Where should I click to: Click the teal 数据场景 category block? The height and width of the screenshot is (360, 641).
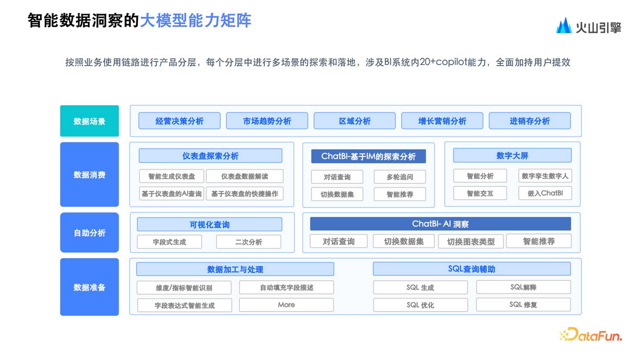click(89, 121)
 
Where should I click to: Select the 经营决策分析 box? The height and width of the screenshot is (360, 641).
click(180, 121)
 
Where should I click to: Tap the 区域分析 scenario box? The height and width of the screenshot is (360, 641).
click(354, 121)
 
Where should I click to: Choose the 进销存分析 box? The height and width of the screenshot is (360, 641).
click(530, 121)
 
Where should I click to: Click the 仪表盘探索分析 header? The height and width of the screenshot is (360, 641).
click(210, 156)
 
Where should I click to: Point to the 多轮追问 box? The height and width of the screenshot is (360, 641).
click(400, 177)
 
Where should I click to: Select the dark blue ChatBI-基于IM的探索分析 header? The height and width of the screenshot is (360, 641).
click(368, 156)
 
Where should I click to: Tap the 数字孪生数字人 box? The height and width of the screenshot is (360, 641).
click(545, 176)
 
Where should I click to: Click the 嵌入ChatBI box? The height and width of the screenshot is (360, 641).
click(545, 193)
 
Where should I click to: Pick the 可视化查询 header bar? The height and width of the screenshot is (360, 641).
click(210, 224)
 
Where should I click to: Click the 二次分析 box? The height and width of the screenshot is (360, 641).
click(248, 242)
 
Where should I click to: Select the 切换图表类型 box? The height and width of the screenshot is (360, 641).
click(471, 241)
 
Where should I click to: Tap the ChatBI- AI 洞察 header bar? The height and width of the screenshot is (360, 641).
click(440, 224)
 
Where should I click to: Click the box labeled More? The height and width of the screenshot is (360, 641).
click(287, 305)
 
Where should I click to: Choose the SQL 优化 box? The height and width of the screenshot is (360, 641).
click(420, 305)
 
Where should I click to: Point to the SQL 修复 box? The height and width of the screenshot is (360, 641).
click(523, 304)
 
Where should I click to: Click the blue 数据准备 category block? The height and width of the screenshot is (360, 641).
click(89, 287)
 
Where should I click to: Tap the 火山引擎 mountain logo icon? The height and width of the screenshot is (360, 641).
click(564, 26)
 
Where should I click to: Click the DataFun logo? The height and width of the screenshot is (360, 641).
click(591, 334)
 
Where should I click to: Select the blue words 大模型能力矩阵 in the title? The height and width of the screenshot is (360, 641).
click(196, 20)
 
